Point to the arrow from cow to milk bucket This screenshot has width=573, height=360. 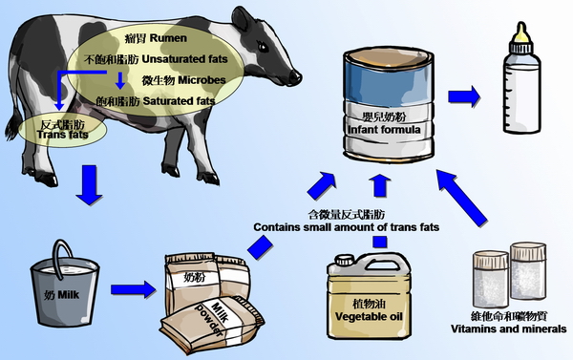tap(88, 183)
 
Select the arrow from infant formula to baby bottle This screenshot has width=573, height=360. tap(465, 96)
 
